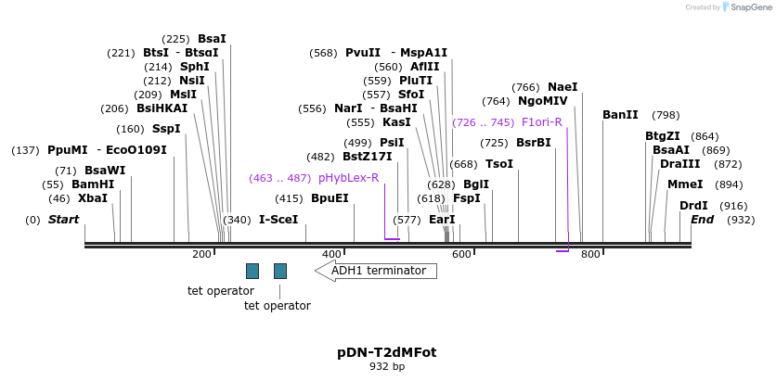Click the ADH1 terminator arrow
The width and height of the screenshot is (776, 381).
pos(376,271)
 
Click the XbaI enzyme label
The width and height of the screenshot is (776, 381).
pos(93,198)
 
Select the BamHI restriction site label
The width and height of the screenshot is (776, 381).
pos(93,184)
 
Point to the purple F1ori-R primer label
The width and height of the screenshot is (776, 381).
pos(542,122)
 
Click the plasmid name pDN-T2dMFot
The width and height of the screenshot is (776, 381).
pos(386,352)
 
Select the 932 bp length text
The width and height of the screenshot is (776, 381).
pos(387,367)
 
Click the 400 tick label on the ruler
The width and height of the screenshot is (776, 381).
pos(331,254)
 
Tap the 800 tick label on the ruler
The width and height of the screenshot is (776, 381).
pos(590,254)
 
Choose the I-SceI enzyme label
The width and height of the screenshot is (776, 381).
pos(278,220)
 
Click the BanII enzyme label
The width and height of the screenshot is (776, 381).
pos(620,115)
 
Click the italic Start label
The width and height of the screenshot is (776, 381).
pos(63,220)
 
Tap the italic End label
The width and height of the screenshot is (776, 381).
pos(703,220)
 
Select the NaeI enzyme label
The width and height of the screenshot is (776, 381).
pos(563,87)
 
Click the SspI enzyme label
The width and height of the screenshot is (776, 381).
pos(166,129)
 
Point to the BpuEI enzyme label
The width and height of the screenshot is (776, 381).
pos(330,198)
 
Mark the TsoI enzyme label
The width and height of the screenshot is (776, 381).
pos(499,164)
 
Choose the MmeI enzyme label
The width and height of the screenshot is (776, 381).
pos(685,184)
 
